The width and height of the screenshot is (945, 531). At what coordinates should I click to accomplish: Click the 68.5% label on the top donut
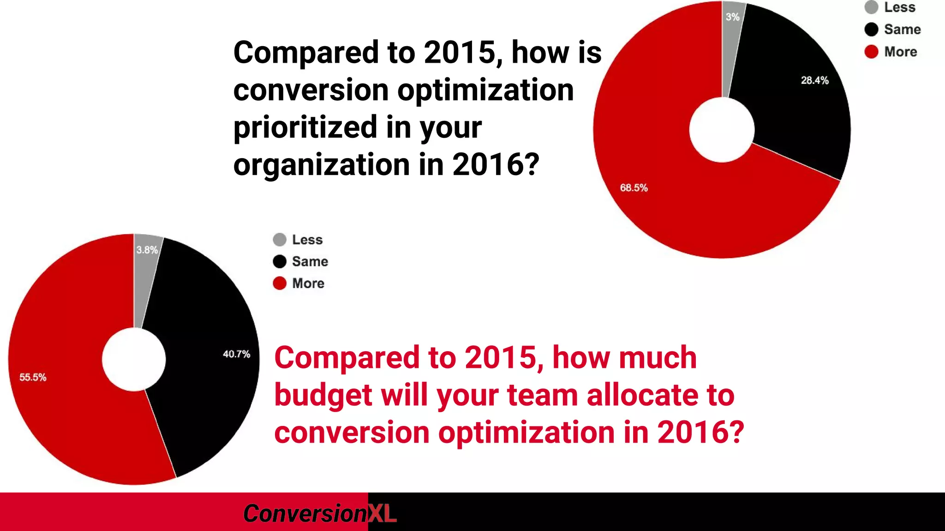634,188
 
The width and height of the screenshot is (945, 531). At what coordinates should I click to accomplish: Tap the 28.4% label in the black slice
814,80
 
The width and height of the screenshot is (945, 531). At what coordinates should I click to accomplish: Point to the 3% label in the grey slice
732,17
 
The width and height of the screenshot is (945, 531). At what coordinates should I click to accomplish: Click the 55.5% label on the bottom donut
33,377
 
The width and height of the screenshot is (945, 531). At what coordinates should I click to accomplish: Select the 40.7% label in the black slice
236,354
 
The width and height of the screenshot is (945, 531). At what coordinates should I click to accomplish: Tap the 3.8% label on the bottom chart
147,250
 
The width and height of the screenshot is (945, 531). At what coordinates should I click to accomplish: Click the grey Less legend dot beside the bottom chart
280,240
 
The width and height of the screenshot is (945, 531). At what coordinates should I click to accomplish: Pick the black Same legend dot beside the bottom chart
280,261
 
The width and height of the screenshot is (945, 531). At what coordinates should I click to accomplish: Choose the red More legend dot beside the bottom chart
280,283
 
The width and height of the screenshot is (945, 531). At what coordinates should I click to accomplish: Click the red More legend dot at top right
871,52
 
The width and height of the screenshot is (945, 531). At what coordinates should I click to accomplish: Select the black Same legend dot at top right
871,29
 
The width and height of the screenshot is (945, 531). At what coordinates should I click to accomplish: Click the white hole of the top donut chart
722,130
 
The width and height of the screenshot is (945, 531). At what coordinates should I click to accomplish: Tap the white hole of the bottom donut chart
134,360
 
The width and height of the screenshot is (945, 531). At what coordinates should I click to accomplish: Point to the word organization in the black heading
321,165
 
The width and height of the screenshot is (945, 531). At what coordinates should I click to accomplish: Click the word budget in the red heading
323,395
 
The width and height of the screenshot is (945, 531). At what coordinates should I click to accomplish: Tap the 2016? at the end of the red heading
700,432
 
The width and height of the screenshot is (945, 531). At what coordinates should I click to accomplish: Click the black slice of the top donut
798,115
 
